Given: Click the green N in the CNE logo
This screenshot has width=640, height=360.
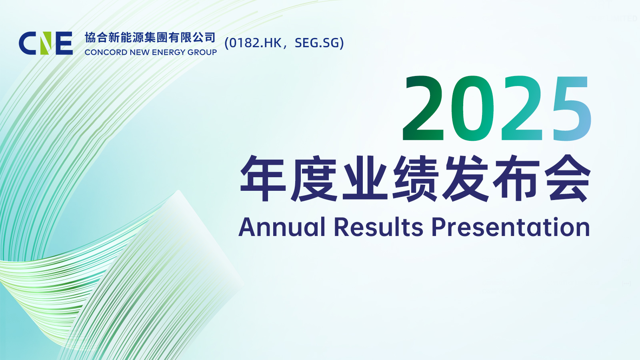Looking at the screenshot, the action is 46,43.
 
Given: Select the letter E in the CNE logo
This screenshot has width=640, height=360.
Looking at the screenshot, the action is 64,43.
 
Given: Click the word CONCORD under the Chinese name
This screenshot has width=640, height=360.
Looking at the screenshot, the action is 106,52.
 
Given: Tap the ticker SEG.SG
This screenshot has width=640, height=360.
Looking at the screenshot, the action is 316,43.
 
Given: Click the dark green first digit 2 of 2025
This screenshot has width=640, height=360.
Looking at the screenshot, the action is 423,108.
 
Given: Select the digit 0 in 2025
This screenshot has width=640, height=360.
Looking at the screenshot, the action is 472,108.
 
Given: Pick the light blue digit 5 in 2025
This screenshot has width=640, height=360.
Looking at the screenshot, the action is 572,108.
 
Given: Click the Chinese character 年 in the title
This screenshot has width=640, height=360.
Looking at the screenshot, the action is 263,178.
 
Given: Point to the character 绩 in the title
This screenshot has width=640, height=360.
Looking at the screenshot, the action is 416,178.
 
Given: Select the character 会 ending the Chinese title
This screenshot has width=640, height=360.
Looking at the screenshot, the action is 568,178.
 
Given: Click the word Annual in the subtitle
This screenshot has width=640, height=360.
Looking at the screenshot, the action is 282,227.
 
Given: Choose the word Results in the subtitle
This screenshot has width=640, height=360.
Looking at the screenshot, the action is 378,227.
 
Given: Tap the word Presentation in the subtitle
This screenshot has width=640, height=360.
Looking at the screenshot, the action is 510,227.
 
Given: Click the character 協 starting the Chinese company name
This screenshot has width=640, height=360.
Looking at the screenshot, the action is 90,38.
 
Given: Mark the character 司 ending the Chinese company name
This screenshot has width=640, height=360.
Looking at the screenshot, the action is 210,38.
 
